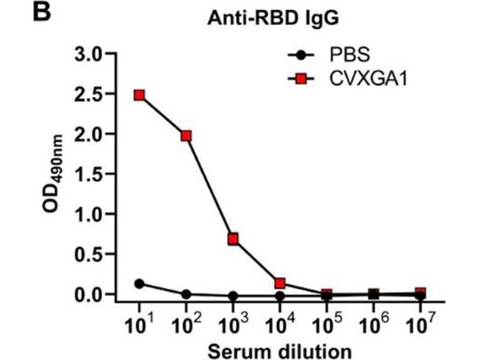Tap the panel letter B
pyautogui.click(x=41, y=13)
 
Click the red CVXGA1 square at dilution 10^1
pyautogui.click(x=139, y=95)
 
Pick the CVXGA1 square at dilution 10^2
pyautogui.click(x=186, y=136)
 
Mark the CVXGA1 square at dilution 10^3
pyautogui.click(x=233, y=239)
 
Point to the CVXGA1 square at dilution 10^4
pyautogui.click(x=280, y=283)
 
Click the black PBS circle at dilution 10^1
pyautogui.click(x=139, y=284)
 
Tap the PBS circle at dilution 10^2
pyautogui.click(x=186, y=295)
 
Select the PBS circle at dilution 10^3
pyautogui.click(x=233, y=296)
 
